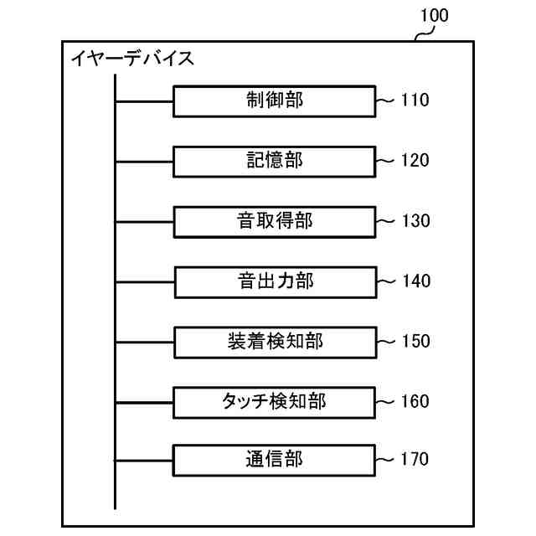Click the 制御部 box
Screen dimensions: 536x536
(275, 101)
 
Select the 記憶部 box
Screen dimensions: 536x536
(275, 161)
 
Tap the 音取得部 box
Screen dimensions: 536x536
(275, 221)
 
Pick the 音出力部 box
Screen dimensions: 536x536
(275, 281)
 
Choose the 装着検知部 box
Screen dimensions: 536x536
(275, 341)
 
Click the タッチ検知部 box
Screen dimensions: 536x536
(275, 401)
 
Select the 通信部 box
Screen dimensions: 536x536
(275, 459)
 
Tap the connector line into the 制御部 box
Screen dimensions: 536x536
(144, 101)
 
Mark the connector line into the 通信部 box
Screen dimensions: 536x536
(144, 459)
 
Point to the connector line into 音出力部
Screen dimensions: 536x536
(144, 281)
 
